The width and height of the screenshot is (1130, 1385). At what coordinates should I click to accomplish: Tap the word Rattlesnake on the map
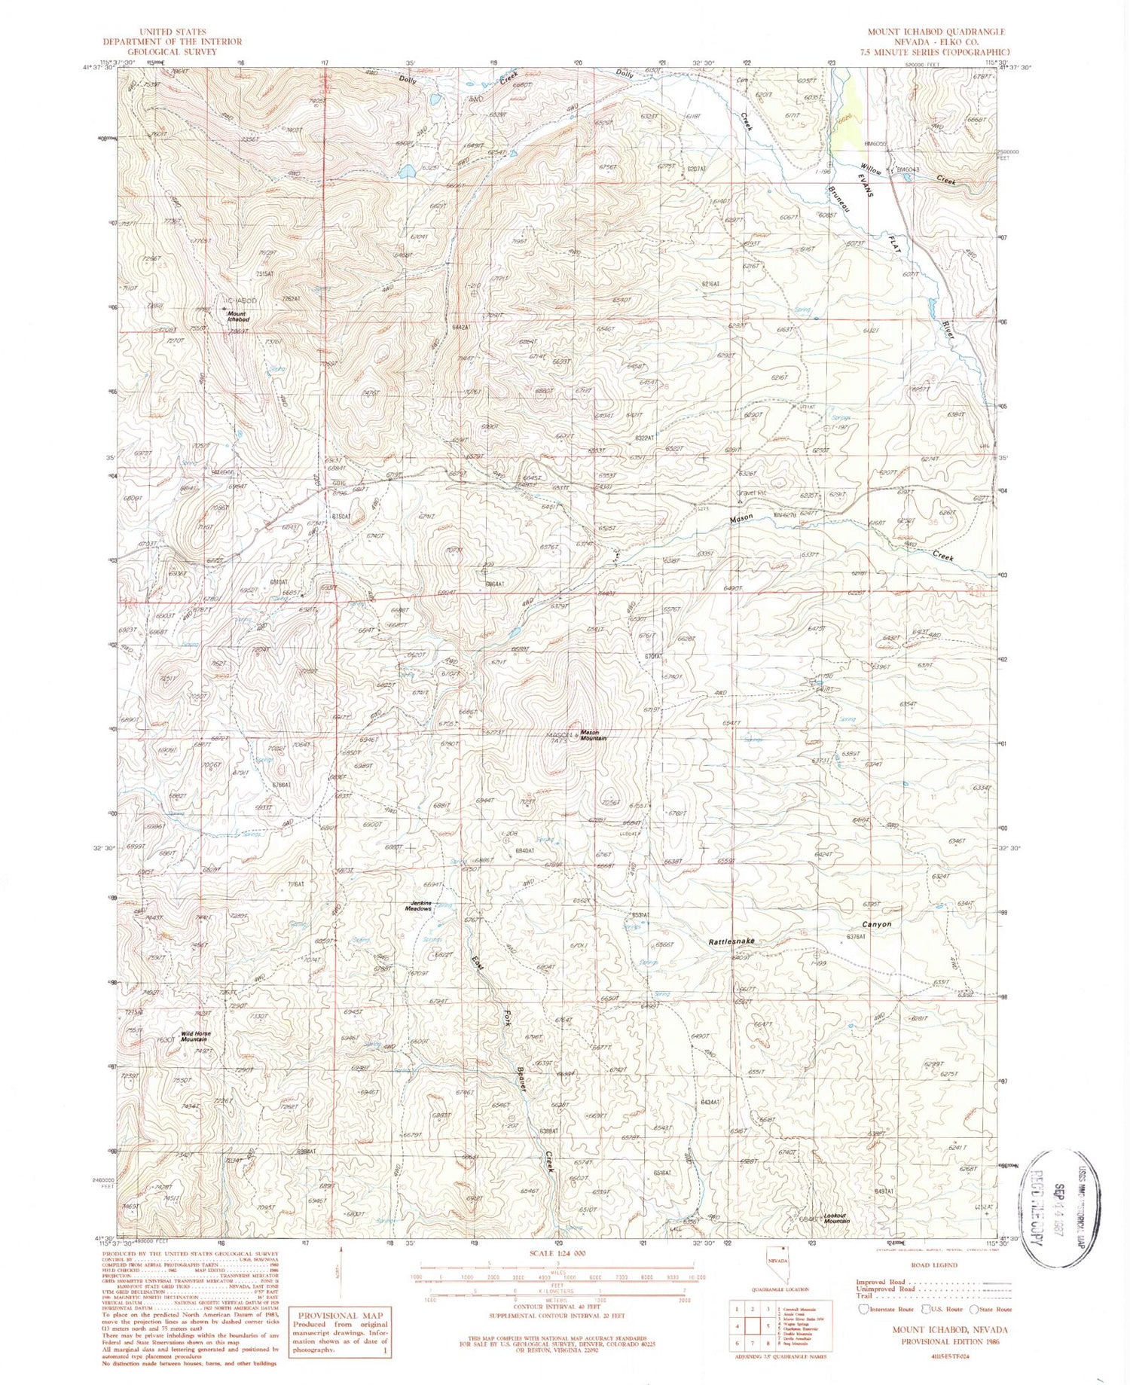point(731,941)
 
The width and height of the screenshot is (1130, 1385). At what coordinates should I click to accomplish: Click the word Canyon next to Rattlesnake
point(876,924)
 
